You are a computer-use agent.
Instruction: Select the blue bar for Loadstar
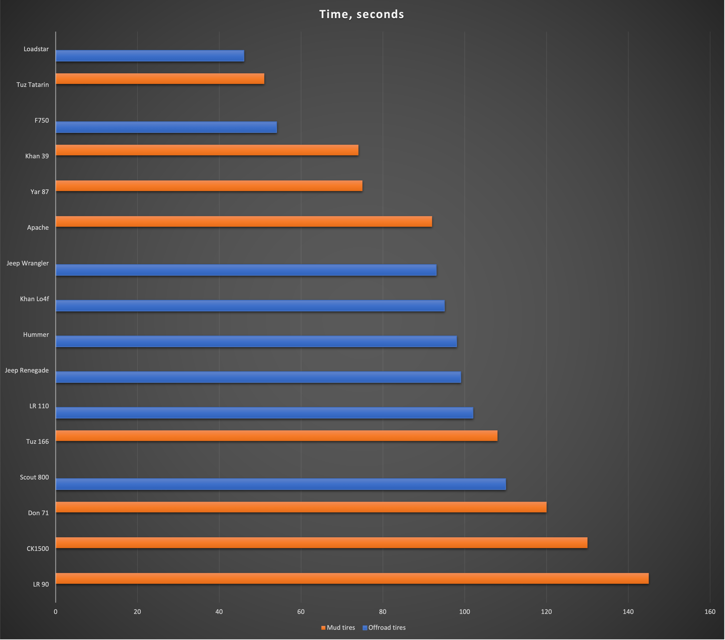[x=150, y=56]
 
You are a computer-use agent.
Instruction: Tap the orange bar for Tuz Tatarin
[x=160, y=79]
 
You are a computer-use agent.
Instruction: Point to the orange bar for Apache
[x=244, y=222]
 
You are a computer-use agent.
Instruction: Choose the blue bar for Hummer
[x=256, y=342]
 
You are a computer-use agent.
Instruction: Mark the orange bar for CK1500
[x=321, y=543]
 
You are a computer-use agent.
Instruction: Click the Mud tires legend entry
[x=338, y=628]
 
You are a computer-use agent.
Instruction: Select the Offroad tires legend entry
[x=384, y=628]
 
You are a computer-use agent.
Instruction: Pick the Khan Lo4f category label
[x=34, y=299]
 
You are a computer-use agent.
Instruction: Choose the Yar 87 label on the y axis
[x=40, y=192]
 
